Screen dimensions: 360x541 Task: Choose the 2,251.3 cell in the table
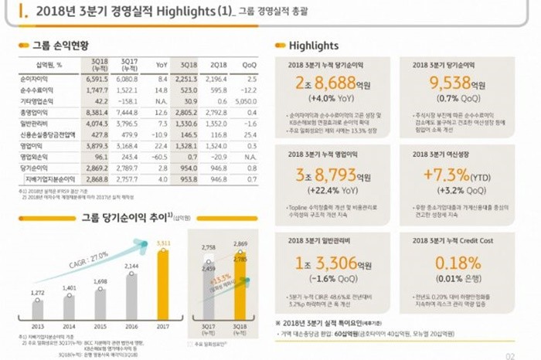coord(189,78)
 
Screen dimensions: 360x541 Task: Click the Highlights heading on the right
coord(312,46)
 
